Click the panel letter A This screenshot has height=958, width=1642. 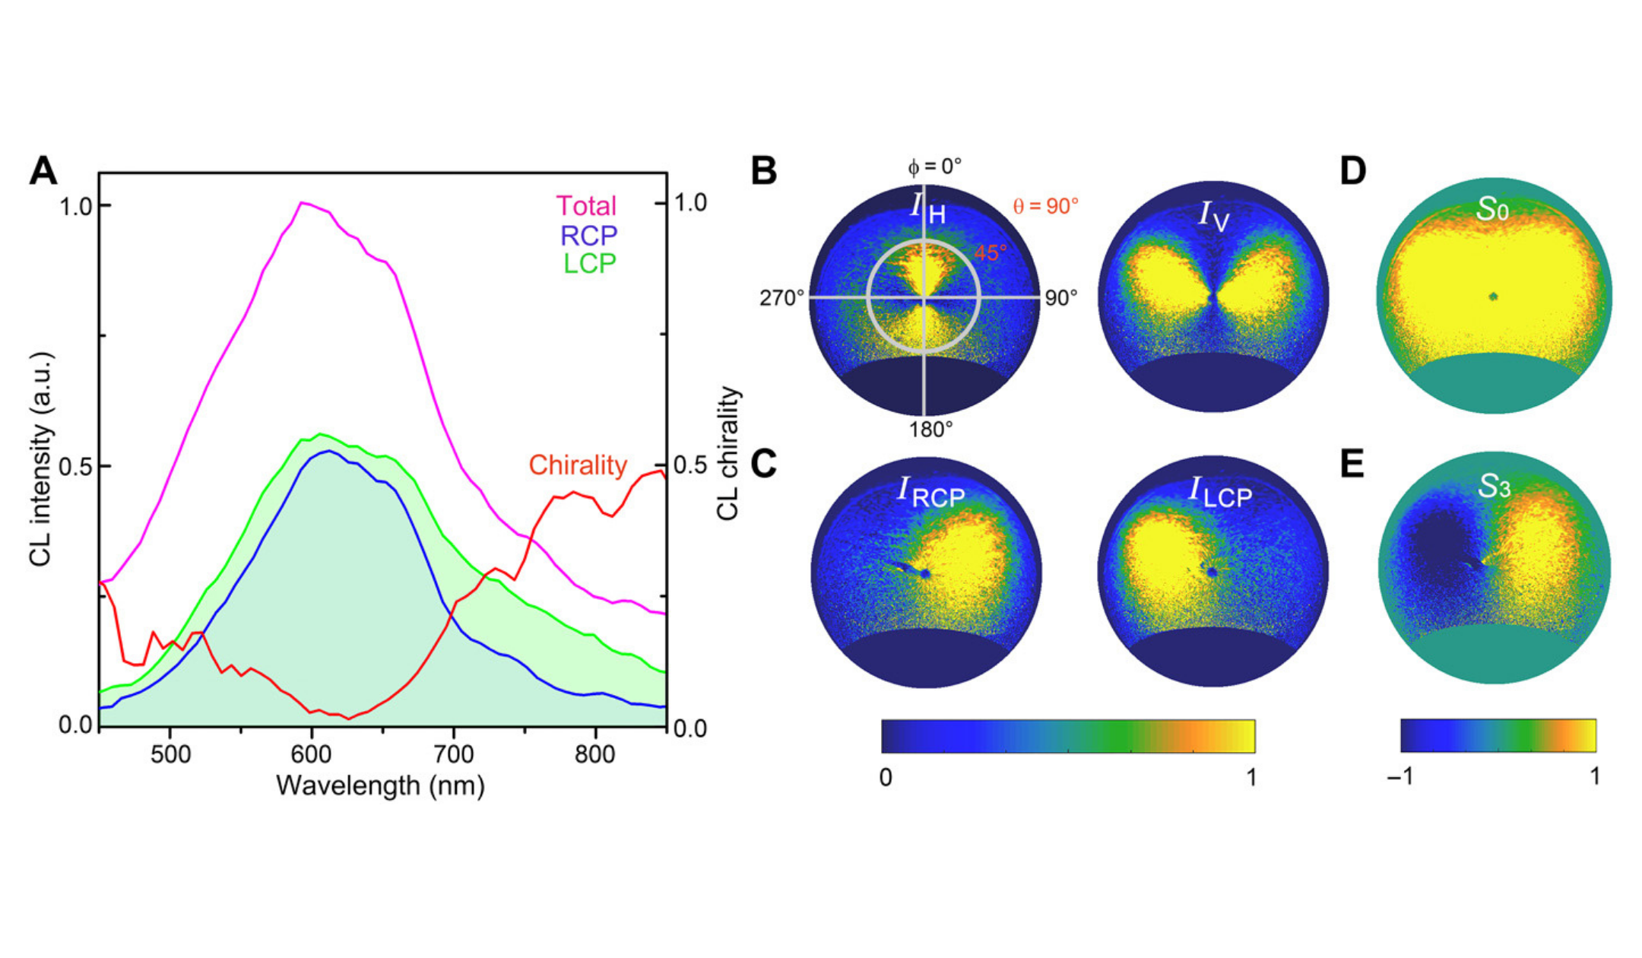(43, 171)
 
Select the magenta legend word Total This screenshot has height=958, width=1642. (585, 206)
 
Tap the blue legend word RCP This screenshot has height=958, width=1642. (588, 235)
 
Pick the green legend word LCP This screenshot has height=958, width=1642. (589, 263)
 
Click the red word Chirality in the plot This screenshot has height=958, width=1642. (578, 465)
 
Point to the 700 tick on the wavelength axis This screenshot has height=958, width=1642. (454, 753)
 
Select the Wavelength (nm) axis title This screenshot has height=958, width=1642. (380, 785)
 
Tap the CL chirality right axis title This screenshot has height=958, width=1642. (727, 454)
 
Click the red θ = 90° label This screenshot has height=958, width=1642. (1045, 206)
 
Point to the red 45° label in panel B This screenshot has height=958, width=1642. (991, 252)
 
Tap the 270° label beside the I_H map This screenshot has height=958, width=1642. (781, 298)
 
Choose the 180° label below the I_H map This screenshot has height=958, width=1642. (930, 430)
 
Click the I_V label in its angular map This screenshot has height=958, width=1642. (1213, 215)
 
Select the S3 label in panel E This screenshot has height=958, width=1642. (1493, 487)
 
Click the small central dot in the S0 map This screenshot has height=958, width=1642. (1494, 297)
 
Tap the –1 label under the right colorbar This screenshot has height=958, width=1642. (1399, 776)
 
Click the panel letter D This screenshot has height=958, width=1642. (1352, 171)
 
